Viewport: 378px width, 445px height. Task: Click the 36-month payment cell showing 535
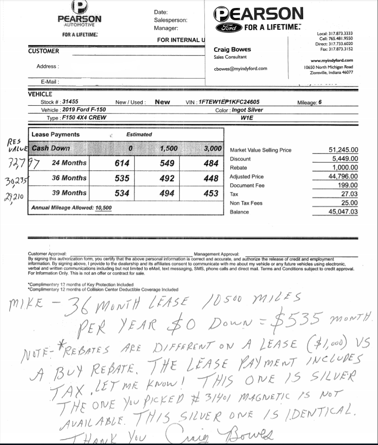click(x=121, y=178)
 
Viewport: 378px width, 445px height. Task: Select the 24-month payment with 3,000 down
click(x=211, y=163)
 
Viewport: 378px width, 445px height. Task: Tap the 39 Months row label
click(x=69, y=193)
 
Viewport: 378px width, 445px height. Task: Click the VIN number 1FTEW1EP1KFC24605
click(x=228, y=102)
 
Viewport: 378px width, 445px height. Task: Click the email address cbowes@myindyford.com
click(x=240, y=69)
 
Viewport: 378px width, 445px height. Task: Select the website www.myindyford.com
click(x=335, y=60)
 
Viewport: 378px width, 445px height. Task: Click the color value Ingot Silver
click(x=247, y=110)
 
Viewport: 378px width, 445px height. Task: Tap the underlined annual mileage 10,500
click(x=104, y=208)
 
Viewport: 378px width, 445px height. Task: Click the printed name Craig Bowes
click(x=232, y=49)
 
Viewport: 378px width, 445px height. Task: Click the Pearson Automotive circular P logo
click(x=79, y=6)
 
